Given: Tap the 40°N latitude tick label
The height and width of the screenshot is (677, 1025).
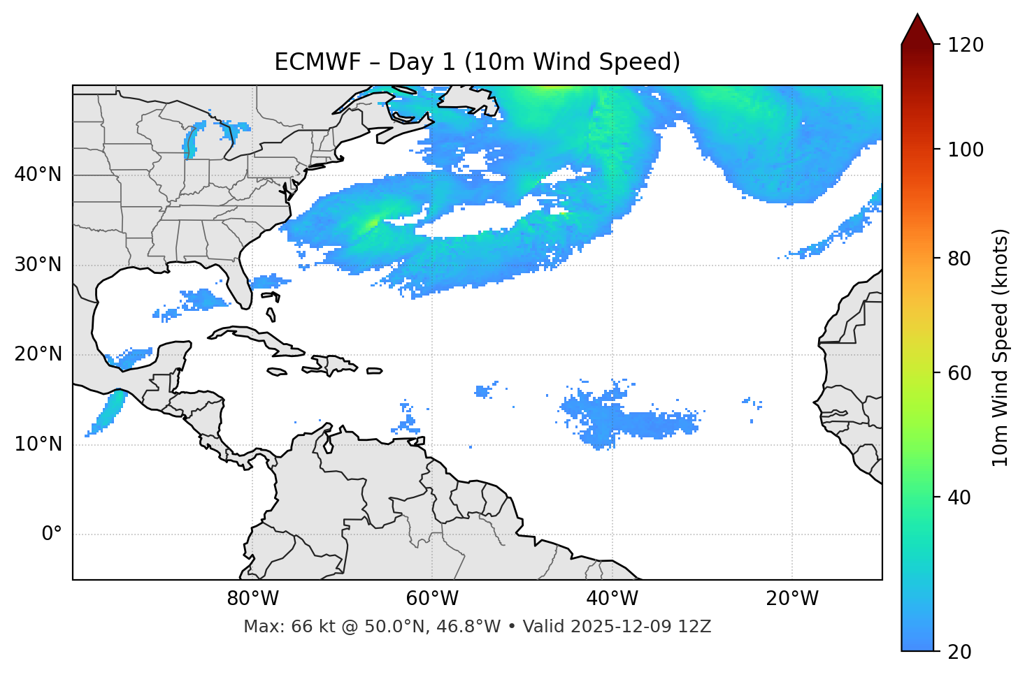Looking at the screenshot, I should (x=38, y=175).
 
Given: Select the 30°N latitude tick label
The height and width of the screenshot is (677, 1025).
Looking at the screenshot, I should (x=38, y=265).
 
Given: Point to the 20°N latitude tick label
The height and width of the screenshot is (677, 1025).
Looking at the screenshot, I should (x=38, y=354).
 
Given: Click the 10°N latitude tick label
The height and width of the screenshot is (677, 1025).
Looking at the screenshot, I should (x=38, y=444).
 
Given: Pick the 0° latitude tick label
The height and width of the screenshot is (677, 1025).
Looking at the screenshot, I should (x=52, y=534).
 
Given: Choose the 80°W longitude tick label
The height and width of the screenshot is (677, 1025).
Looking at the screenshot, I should (x=252, y=599).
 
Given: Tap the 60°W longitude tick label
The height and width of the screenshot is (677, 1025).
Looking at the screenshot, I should (x=432, y=599).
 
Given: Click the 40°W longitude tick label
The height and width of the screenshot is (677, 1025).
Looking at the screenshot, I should (x=612, y=599).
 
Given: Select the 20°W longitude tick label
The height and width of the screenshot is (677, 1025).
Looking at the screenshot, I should (x=791, y=599).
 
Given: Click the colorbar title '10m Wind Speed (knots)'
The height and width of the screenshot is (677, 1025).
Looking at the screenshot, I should (x=1001, y=347).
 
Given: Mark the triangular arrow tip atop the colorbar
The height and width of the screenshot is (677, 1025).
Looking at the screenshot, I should (x=917, y=28).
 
